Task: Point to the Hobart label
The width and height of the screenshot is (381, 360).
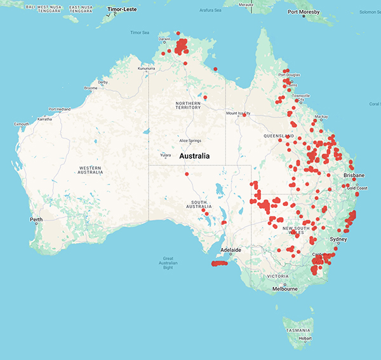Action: [x=305, y=338]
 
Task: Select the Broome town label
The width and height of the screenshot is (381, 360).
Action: [x=91, y=88]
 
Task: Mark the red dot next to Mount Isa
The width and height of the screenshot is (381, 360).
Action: [x=244, y=115]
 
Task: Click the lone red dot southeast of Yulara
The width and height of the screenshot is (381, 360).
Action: [x=187, y=174]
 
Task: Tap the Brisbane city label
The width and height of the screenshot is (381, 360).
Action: [x=354, y=175]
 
